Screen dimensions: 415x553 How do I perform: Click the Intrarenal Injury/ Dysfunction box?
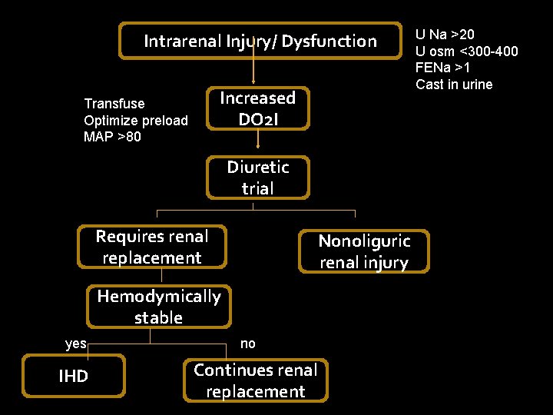[260, 41]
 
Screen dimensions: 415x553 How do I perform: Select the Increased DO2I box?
[258, 108]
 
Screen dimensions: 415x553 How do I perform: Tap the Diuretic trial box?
[258, 178]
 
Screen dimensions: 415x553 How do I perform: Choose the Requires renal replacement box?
[152, 247]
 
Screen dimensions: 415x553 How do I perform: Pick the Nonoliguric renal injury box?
[364, 251]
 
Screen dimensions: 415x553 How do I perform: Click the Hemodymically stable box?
[159, 307]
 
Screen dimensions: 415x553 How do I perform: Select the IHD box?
[74, 376]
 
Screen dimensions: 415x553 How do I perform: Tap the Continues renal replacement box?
[256, 380]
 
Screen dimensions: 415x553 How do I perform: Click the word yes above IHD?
[76, 344]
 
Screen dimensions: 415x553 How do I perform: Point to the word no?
[247, 344]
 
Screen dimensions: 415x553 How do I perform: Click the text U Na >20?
[445, 34]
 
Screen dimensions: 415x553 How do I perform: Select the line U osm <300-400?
[466, 51]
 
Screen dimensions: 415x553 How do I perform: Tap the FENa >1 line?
[443, 68]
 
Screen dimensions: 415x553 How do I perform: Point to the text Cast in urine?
[454, 85]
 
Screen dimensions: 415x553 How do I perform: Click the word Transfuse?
[114, 103]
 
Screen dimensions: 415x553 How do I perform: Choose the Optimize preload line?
[136, 120]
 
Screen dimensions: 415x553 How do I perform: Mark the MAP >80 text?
[112, 137]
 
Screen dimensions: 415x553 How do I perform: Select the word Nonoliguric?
[364, 241]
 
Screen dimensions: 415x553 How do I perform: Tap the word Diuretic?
[258, 168]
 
